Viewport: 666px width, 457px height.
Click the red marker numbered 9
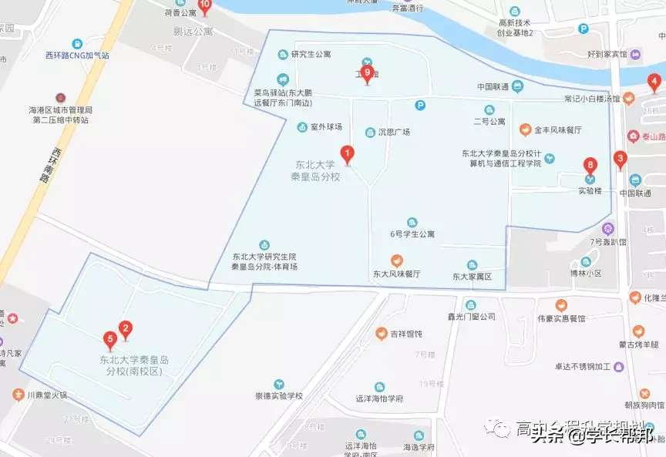[x=367, y=73]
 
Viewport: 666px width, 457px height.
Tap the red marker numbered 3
[x=619, y=160]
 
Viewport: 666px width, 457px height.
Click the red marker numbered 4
[x=654, y=82]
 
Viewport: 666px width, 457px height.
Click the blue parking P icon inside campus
[x=420, y=106]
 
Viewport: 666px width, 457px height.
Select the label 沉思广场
[x=393, y=132]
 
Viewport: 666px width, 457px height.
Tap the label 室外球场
[x=326, y=126]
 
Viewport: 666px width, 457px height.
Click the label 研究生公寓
[x=311, y=54]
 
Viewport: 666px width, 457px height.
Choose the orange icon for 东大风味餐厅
[x=396, y=260]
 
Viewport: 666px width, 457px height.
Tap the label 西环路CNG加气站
[x=77, y=55]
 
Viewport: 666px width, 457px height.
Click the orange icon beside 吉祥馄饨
[x=381, y=334]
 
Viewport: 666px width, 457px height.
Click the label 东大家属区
[x=472, y=276]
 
